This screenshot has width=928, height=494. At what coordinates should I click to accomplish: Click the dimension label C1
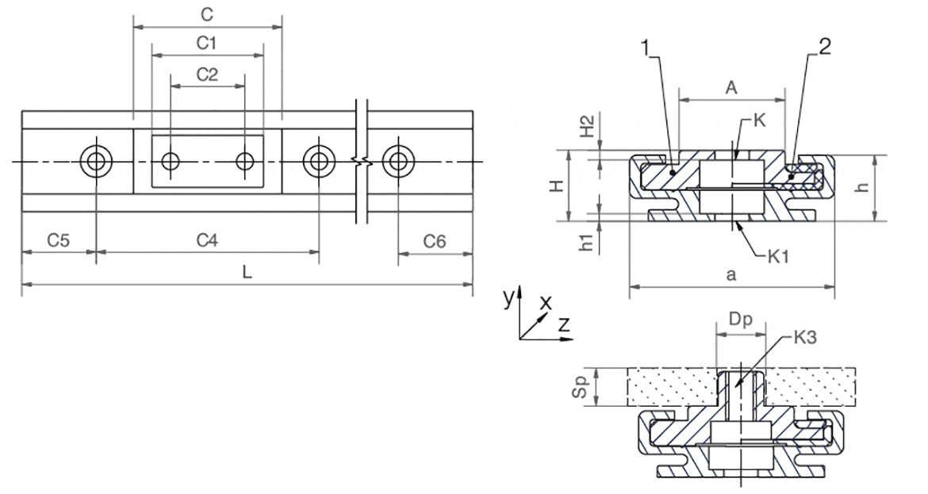208,44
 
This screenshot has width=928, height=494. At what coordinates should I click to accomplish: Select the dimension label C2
207,75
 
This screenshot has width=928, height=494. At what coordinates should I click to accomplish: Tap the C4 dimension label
207,239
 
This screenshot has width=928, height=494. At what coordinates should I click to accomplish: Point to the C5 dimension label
58,239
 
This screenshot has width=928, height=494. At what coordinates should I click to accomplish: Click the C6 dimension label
435,239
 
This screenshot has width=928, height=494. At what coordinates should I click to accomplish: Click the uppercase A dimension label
732,88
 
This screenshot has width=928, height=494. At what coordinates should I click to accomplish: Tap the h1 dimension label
587,243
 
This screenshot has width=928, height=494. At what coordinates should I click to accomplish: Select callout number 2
824,47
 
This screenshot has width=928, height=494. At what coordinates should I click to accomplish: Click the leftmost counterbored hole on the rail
97,162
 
